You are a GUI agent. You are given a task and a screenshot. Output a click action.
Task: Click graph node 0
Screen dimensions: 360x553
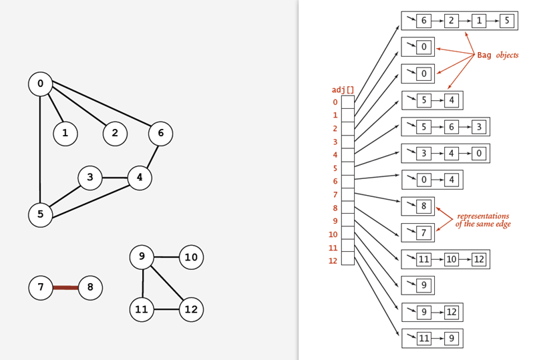tap(40, 83)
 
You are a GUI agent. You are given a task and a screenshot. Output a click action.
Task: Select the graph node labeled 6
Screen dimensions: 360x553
tap(160, 133)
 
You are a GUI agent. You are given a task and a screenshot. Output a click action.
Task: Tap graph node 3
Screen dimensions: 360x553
tap(89, 178)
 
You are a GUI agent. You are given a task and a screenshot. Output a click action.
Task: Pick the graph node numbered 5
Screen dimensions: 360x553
tap(40, 214)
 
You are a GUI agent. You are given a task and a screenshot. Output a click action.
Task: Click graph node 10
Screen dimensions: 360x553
tap(191, 257)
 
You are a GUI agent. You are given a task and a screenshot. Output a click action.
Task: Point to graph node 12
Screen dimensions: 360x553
tap(191, 309)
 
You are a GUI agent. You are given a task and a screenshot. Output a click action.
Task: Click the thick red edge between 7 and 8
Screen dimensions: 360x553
tap(65, 288)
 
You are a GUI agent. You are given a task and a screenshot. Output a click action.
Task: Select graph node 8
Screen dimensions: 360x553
tap(90, 288)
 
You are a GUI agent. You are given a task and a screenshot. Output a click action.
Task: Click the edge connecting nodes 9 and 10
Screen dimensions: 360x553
tap(166, 256)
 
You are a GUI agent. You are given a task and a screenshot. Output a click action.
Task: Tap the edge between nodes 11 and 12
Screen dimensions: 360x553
tap(166, 309)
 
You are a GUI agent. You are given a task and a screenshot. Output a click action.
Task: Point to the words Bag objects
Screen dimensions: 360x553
tap(498, 55)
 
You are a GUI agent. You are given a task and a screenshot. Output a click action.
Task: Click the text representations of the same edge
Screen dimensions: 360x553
tap(482, 220)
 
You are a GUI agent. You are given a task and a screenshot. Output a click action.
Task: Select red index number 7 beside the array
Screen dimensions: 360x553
tap(335, 194)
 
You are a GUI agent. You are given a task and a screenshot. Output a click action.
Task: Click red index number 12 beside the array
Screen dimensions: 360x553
tap(333, 260)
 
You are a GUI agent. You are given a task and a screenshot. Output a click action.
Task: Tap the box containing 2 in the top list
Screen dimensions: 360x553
tap(451, 21)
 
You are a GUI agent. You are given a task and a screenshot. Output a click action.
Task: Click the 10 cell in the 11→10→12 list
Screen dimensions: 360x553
tap(451, 260)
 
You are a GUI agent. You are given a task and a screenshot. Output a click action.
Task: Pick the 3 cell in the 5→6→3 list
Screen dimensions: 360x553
tap(480, 126)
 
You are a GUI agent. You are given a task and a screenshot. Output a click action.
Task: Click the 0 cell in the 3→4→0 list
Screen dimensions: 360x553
tap(480, 153)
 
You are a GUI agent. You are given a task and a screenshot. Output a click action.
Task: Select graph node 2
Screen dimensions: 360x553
tap(115, 133)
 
